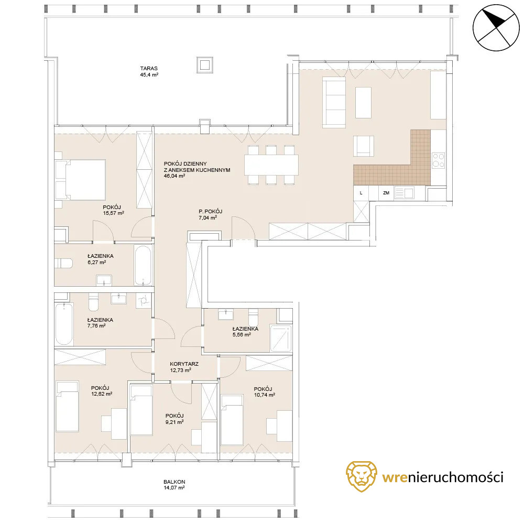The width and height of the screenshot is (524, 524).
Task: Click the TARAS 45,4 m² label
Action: [149, 71]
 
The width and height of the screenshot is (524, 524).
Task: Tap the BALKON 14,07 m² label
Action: [174, 485]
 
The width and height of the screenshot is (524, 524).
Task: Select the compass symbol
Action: [496, 28]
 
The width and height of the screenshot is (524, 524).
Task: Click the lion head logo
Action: [361, 476]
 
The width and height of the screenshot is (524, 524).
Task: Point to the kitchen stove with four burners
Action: [439, 160]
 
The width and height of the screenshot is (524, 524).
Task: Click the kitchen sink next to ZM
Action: [405, 193]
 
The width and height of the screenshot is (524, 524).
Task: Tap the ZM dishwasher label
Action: [386, 193]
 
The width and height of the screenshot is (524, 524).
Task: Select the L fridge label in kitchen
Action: [361, 193]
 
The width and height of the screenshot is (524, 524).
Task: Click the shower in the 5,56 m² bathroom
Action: [281, 338]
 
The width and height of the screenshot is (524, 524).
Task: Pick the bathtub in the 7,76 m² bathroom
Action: [64, 324]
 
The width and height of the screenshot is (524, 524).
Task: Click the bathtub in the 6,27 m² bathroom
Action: [144, 265]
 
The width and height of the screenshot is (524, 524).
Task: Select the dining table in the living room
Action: [271, 165]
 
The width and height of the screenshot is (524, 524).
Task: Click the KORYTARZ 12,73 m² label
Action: [184, 367]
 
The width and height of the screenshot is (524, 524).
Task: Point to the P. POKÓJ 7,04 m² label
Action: [210, 214]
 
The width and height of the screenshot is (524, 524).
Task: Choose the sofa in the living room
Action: [334, 102]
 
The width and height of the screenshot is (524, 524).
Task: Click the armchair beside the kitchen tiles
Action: [364, 146]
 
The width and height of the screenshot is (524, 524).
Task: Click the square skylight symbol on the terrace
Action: [204, 65]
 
